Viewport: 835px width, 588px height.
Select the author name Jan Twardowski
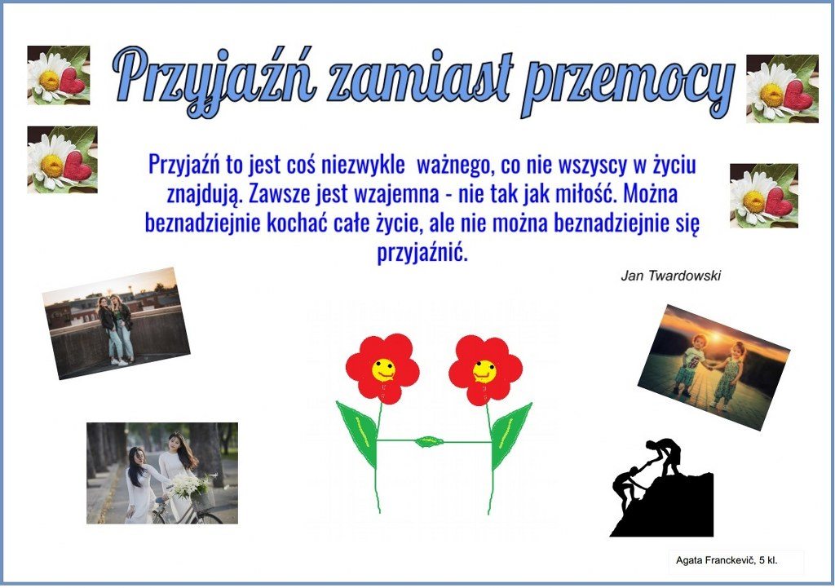coord(670,276)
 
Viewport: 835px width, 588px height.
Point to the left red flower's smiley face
coord(383,369)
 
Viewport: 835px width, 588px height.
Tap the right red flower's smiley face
coord(484,371)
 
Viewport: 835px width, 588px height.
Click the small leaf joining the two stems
coord(429,441)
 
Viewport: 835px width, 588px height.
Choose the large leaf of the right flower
coord(510,434)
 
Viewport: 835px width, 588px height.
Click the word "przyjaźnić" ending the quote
coord(422,252)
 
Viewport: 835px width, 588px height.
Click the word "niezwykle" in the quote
coord(363,165)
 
